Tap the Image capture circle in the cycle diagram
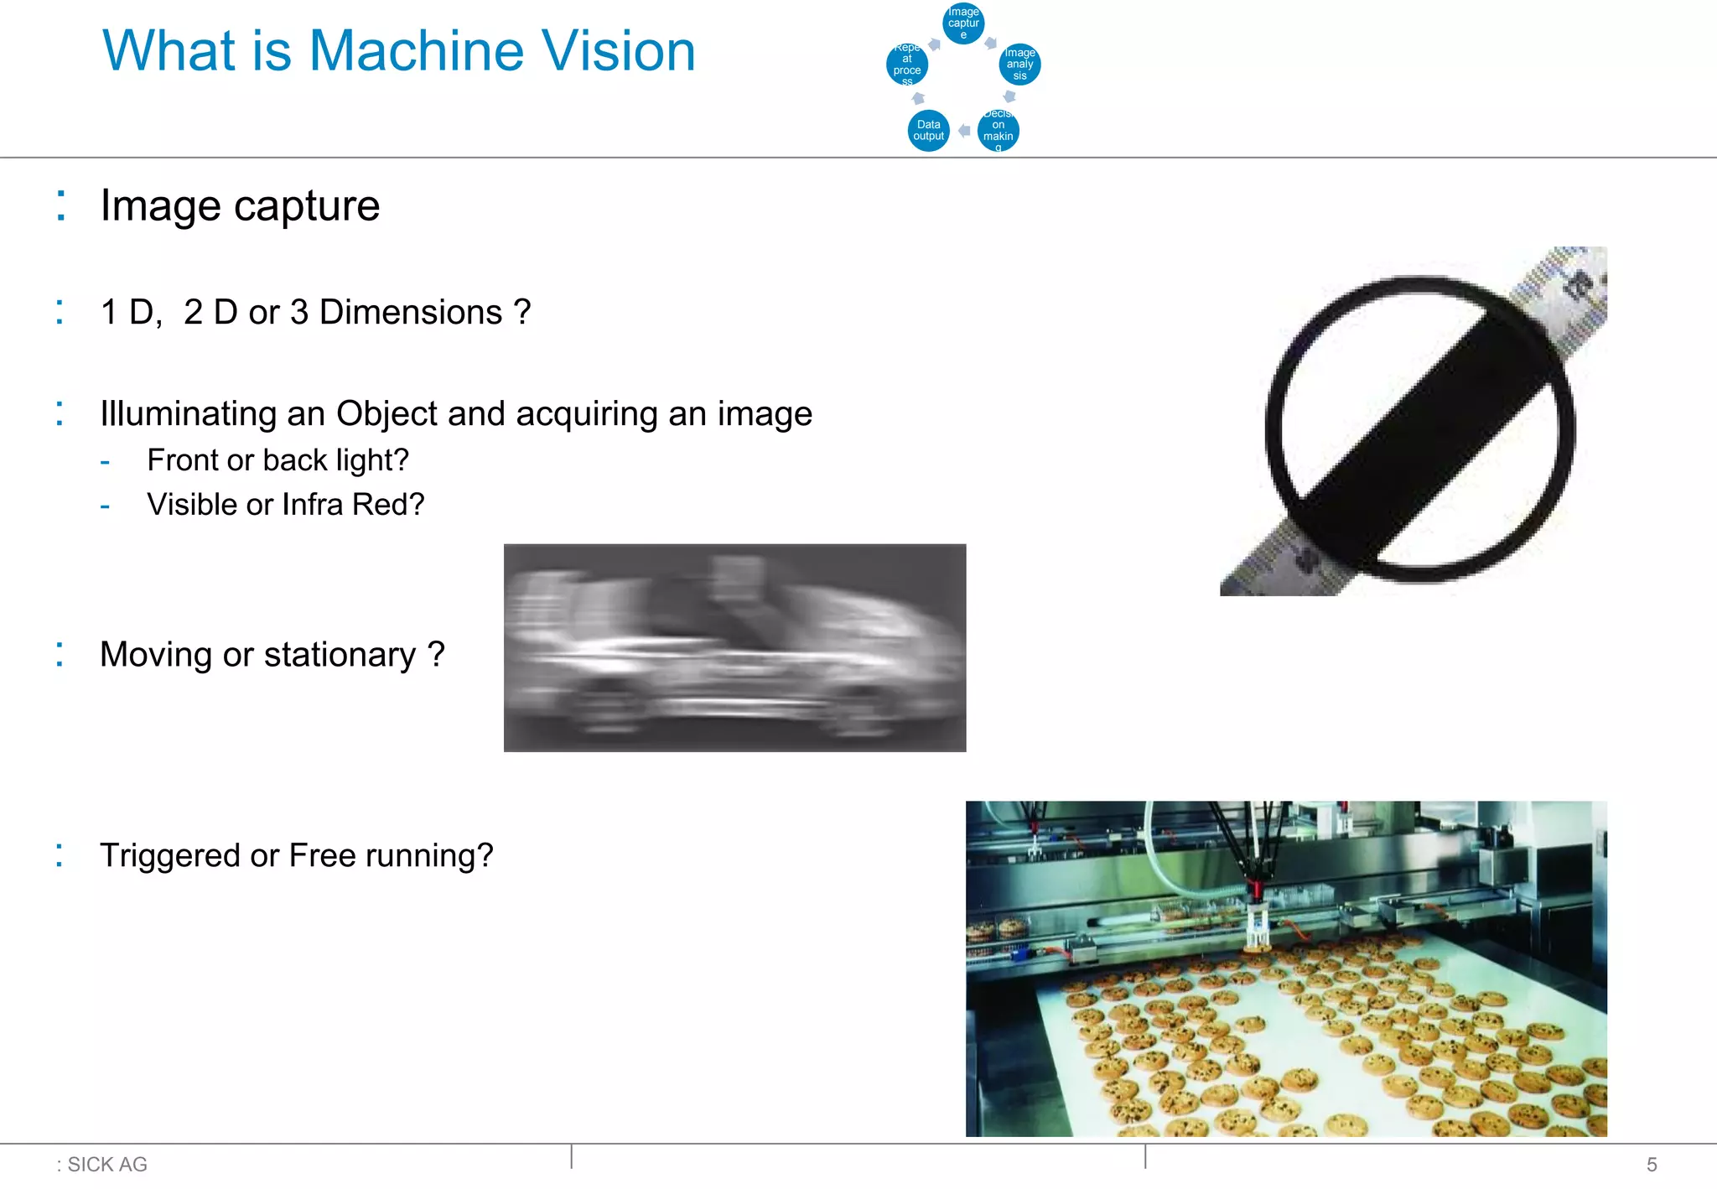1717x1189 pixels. pyautogui.click(x=963, y=23)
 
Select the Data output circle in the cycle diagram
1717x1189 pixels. pyautogui.click(x=928, y=131)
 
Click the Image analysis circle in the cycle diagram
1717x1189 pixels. pyautogui.click(x=1019, y=65)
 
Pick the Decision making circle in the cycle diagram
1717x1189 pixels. pyautogui.click(x=998, y=131)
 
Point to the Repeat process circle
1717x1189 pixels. pyautogui.click(x=907, y=65)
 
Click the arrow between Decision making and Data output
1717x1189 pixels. pyautogui.click(x=964, y=131)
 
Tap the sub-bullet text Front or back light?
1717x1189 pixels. pyautogui.click(x=278, y=460)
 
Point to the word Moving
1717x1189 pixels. pyautogui.click(x=156, y=655)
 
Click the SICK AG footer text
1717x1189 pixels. pyautogui.click(x=106, y=1164)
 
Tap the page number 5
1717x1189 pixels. pyautogui.click(x=1652, y=1164)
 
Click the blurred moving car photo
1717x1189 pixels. pyautogui.click(x=734, y=647)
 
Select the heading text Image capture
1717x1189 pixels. pyautogui.click(x=240, y=206)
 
